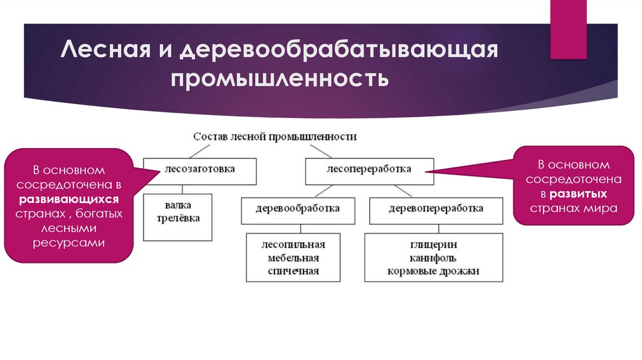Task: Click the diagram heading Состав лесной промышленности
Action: (275, 136)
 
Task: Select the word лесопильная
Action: (293, 244)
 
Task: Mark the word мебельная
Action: (293, 258)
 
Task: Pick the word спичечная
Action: (293, 271)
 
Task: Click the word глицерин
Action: (434, 244)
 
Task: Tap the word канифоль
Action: (434, 258)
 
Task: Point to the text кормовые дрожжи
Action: (434, 271)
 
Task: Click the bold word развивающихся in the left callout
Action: (68, 199)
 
